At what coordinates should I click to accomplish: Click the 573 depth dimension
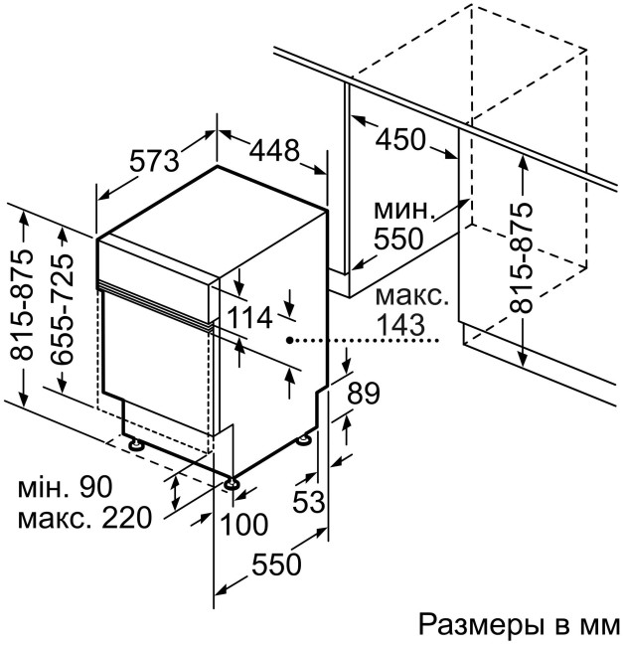tap(154, 159)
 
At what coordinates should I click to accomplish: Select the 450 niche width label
tap(401, 141)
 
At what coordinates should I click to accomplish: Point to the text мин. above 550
tap(404, 211)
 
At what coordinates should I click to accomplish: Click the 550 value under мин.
tap(398, 239)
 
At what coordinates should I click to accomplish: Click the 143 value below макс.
tap(401, 324)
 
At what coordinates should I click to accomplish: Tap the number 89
tap(364, 395)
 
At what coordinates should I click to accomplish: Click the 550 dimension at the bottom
tap(275, 565)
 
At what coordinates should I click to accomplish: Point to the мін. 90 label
tap(66, 487)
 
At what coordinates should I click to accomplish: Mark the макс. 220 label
tap(83, 518)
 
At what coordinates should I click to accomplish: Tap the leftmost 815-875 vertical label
tap(24, 309)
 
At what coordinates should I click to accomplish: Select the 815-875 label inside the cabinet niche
tap(521, 258)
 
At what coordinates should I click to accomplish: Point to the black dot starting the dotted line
tap(289, 340)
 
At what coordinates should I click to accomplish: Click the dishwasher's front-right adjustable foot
tap(233, 484)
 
